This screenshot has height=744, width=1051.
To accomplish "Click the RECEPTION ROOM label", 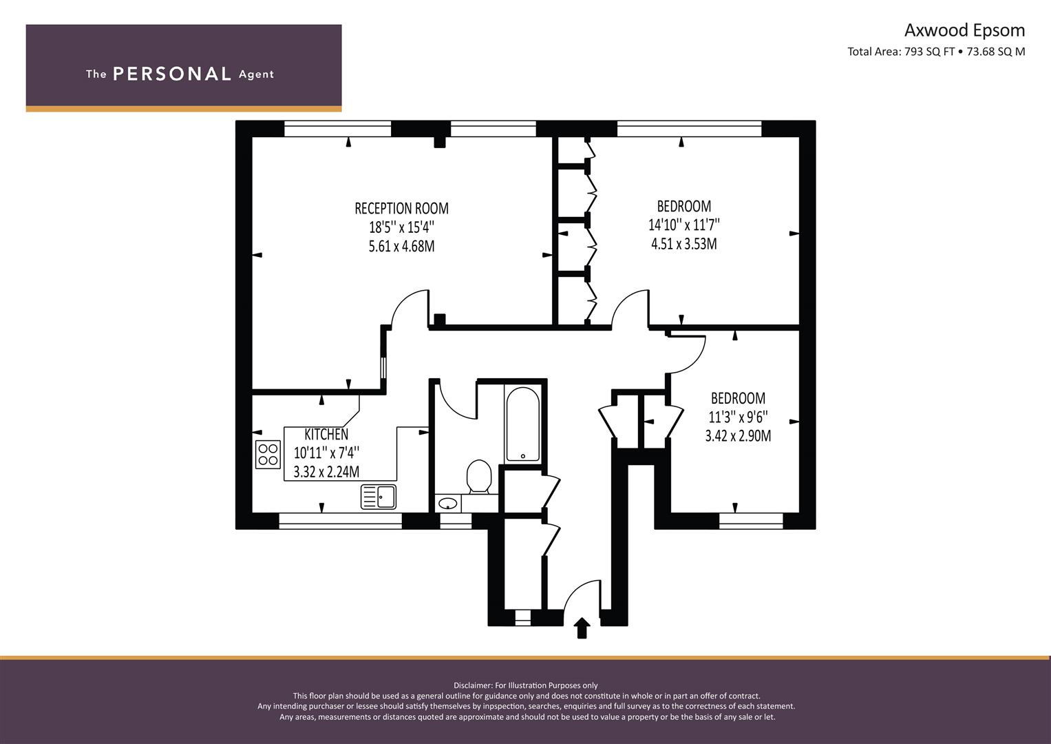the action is click(x=402, y=208).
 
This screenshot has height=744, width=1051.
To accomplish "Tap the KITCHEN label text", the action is click(x=326, y=434).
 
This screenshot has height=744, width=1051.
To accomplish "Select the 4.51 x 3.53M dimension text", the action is click(x=684, y=244).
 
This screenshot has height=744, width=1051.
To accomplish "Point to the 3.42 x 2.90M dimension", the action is click(x=738, y=436).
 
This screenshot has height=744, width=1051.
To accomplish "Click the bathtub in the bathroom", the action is click(x=522, y=424).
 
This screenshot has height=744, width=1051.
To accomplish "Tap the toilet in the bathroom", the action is click(x=479, y=476).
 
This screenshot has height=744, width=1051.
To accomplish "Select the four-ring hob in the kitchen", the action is click(x=268, y=454).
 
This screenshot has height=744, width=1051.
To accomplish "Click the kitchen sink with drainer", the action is click(x=379, y=497).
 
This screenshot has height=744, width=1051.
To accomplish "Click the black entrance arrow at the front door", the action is click(x=582, y=628).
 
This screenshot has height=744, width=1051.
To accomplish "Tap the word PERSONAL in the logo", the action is click(x=172, y=74).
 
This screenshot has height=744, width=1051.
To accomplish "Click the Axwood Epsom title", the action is click(x=965, y=30).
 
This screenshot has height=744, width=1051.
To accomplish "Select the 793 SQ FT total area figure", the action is click(x=929, y=52).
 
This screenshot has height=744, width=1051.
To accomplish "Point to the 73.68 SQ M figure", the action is click(x=996, y=52).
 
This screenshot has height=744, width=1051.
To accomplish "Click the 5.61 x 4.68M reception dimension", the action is click(x=402, y=246).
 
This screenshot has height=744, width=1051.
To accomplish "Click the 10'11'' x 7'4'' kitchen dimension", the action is click(x=326, y=453).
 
